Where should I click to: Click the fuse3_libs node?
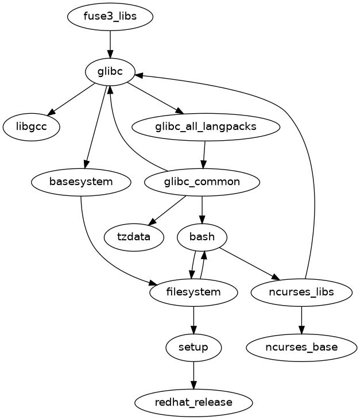(x=110, y=16)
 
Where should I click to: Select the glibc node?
(x=110, y=72)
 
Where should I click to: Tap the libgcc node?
(x=32, y=127)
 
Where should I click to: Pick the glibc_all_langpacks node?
(x=206, y=127)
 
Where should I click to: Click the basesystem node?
(x=81, y=182)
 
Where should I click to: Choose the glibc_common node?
(x=202, y=182)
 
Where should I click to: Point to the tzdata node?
(x=134, y=237)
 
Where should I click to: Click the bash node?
(x=202, y=237)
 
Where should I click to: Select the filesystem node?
(x=193, y=292)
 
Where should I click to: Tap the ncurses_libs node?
(x=301, y=292)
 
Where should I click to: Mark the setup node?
(x=193, y=347)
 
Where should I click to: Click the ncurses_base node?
(x=301, y=347)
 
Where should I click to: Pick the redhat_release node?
(x=193, y=402)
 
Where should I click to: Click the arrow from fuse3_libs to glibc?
(x=110, y=44)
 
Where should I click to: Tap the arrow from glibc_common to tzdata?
(x=167, y=210)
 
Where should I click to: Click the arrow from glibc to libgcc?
(x=71, y=99)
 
